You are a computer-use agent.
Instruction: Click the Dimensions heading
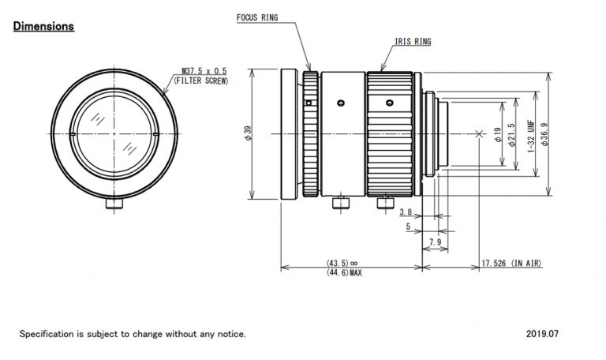[x=43, y=27]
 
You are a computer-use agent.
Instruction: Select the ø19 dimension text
[x=497, y=135]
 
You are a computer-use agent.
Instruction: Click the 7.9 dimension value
[x=435, y=242]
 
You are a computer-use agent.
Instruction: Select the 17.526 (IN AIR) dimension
[x=511, y=263]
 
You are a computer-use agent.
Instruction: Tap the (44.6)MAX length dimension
[x=343, y=273]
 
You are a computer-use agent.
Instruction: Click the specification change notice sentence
[x=133, y=334]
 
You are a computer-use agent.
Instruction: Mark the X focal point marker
[x=481, y=134]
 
